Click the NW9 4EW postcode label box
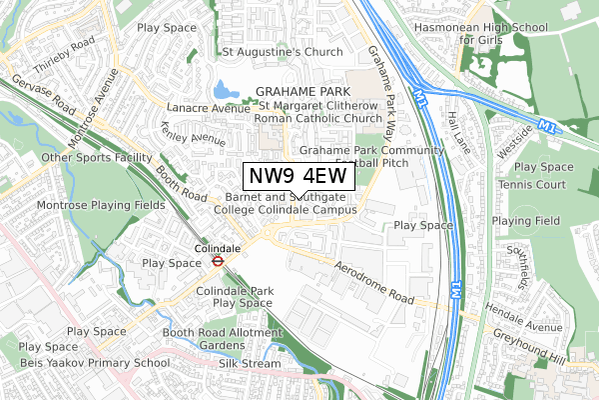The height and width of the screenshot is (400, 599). [x=299, y=175]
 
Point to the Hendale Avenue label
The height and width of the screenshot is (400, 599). [x=545, y=326]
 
